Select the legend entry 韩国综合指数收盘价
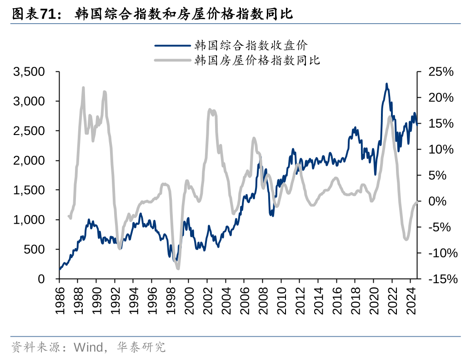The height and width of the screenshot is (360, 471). pos(251,45)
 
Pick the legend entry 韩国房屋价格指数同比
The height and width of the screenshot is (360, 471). pos(257,60)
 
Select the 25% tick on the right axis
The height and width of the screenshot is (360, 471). pos(441,72)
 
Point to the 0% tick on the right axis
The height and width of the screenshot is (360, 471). pos(441,201)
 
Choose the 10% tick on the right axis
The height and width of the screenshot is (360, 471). pos(441,150)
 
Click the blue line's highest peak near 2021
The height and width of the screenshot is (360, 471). pos(386,84)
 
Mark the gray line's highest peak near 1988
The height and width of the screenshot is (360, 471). pos(84,87)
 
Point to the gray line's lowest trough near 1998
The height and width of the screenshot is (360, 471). pos(178,268)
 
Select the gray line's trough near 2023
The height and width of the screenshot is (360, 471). pos(406,239)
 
